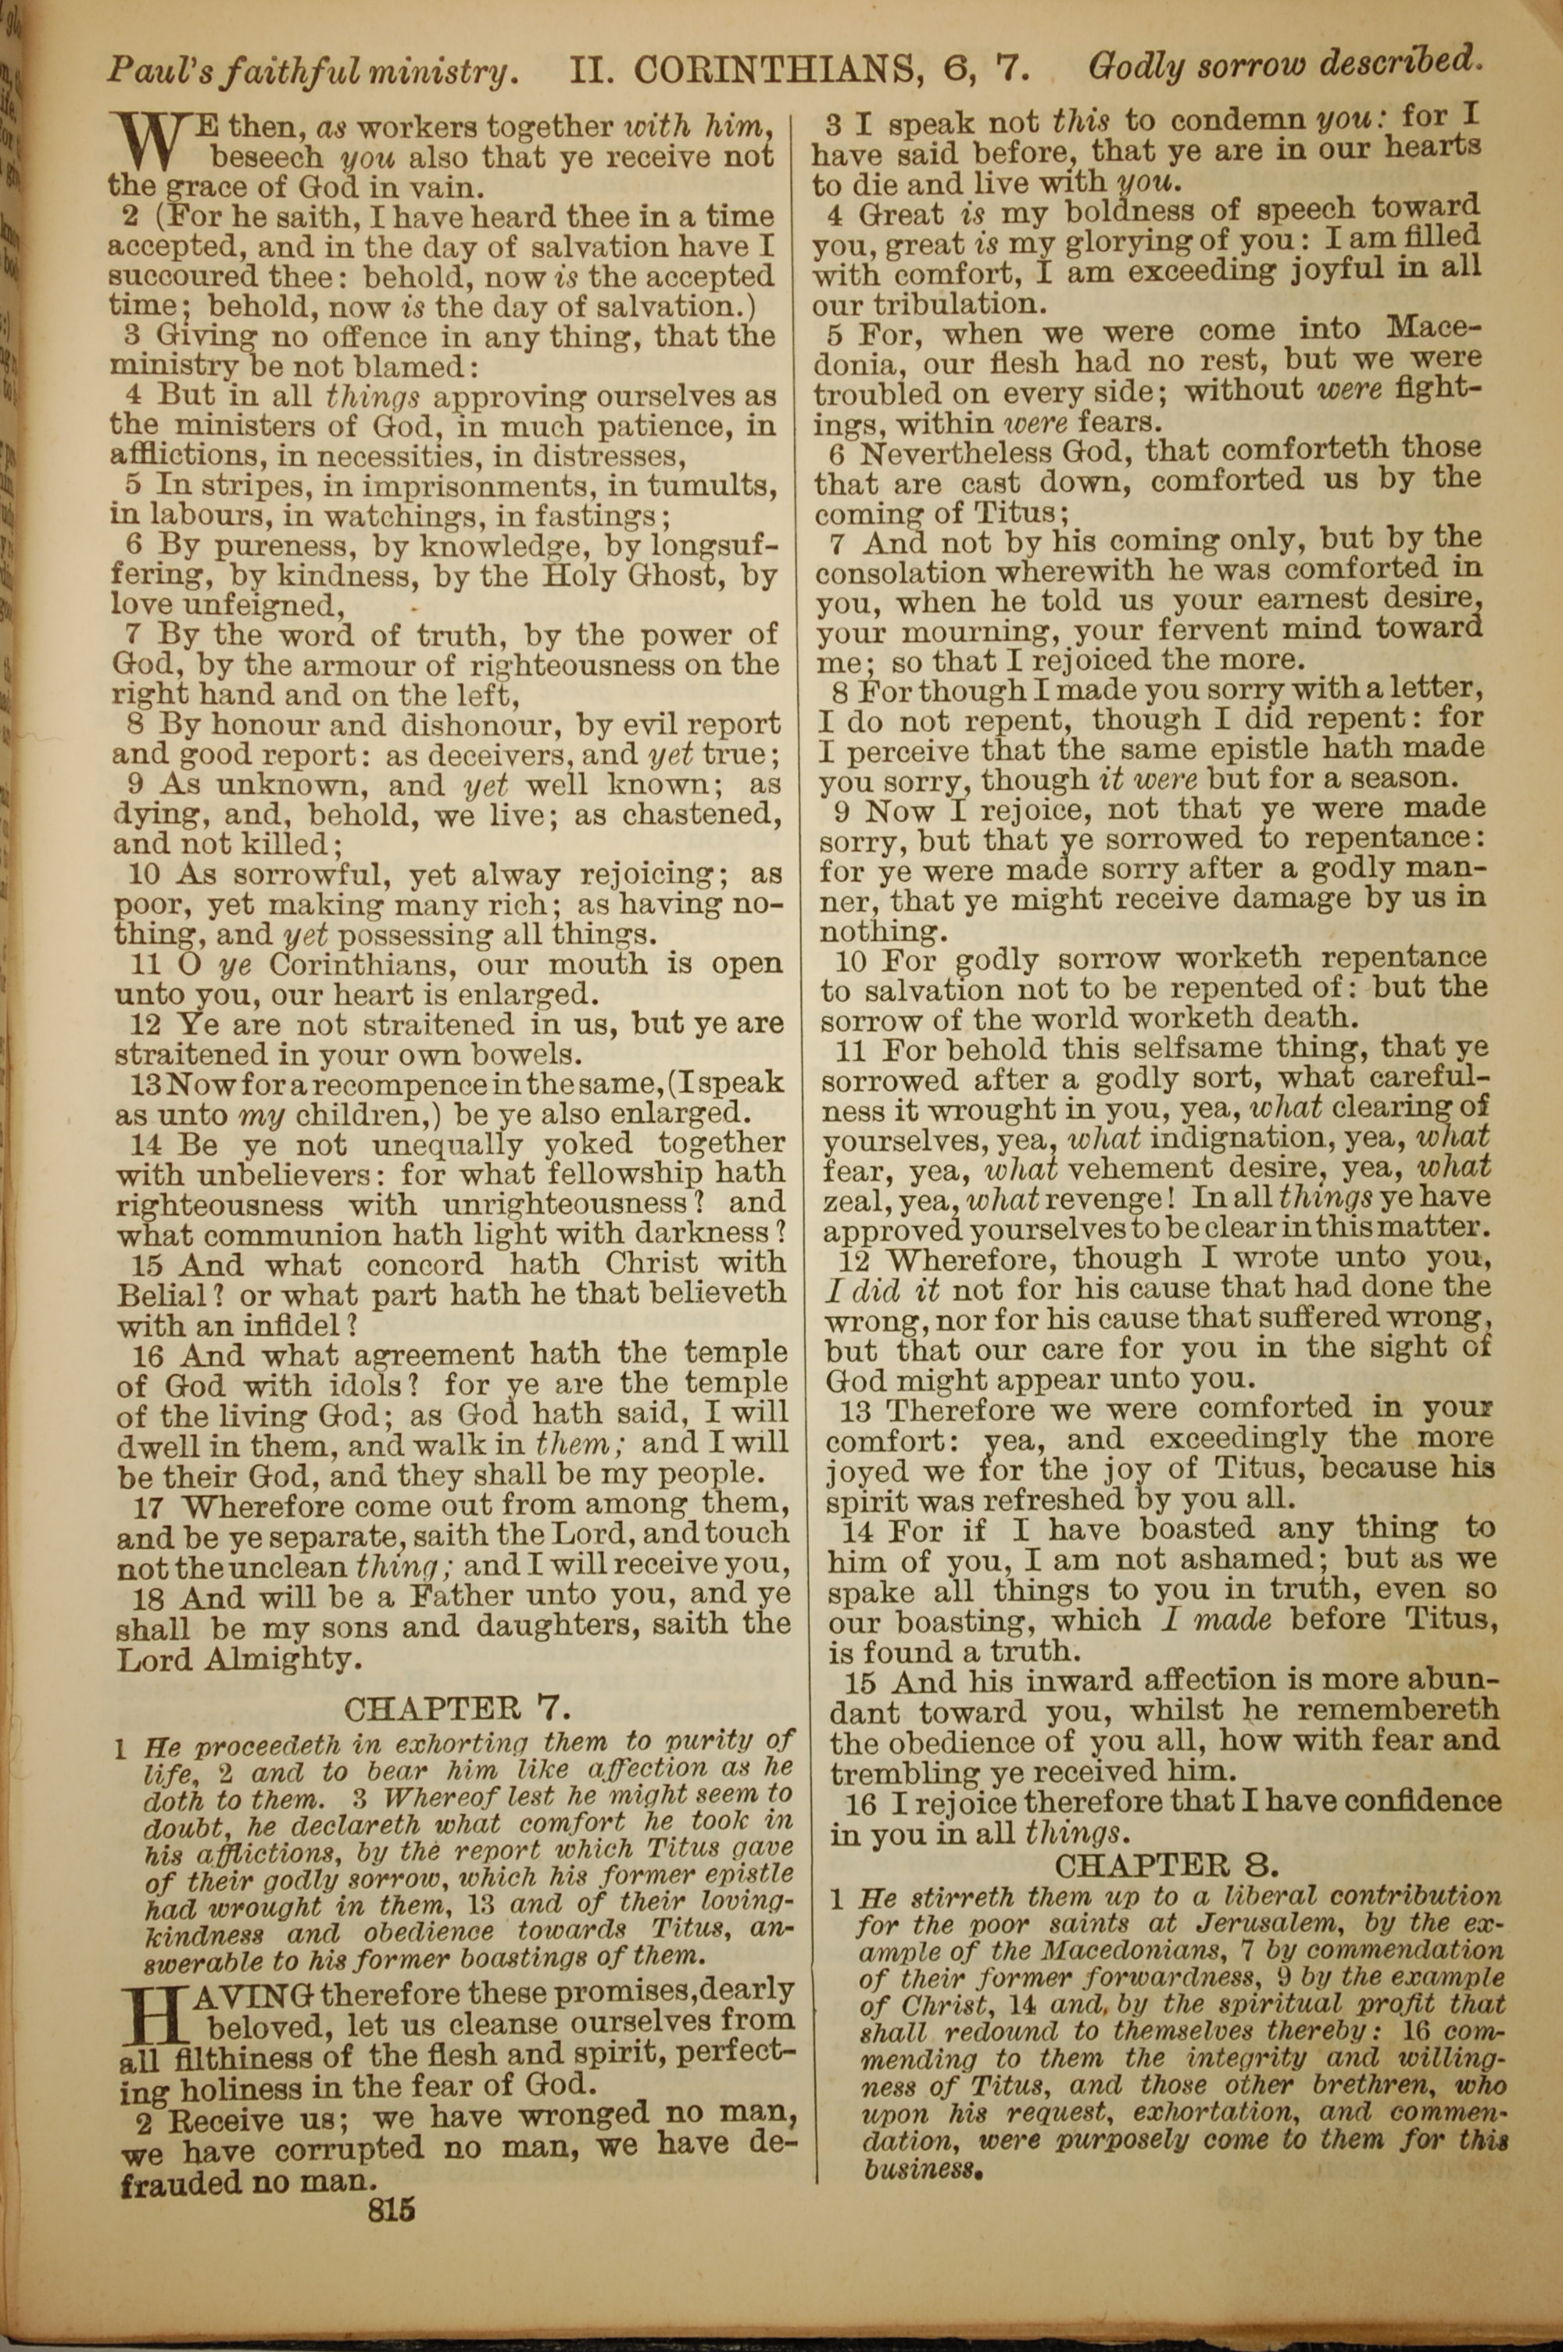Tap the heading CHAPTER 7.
pos(457,1708)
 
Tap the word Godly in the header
pos(1136,68)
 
